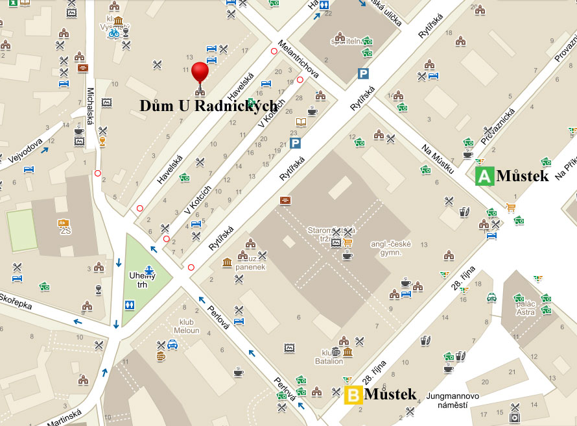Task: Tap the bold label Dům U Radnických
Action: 209,105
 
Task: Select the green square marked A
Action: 484,176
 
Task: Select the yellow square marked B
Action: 353,395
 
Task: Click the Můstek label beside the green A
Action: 523,176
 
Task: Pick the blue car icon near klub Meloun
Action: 172,345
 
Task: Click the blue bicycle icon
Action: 114,33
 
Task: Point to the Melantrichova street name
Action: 298,61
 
